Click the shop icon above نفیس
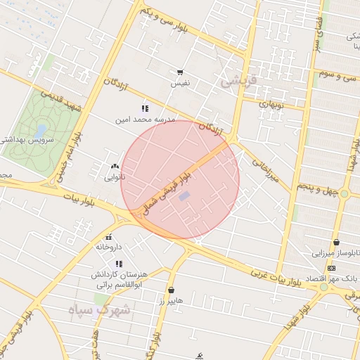click(181, 72)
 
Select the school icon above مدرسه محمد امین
click(145, 108)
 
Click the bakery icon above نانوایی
click(115, 167)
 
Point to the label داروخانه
click(109, 247)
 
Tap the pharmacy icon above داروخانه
click(109, 236)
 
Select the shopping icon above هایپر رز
click(171, 290)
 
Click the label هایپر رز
click(171, 300)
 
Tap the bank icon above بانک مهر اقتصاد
click(331, 268)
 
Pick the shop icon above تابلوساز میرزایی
click(336, 242)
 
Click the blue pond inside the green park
click(41, 130)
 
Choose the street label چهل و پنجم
click(319, 188)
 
